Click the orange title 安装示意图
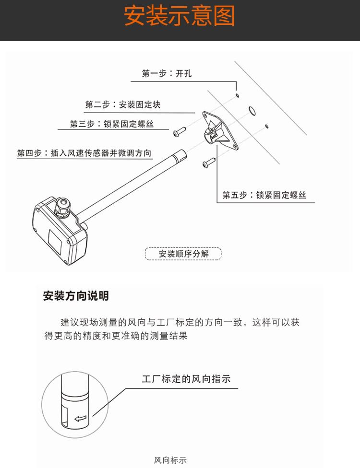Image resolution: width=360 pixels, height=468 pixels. pos(180,16)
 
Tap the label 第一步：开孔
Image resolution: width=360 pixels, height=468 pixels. pos(167,73)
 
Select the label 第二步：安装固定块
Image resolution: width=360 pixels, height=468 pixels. pos(123,105)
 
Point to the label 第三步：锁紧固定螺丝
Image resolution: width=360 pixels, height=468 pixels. pos(112,124)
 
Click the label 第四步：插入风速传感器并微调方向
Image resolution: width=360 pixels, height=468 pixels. pos(84,153)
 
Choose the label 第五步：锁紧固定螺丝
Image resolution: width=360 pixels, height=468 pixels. pos(264,195)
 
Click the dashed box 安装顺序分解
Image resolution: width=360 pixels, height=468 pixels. pos(183,254)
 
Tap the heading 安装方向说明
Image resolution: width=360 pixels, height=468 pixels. pos(76,296)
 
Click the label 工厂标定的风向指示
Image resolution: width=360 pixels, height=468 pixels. pos(186,379)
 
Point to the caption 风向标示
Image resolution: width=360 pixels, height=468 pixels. pos(170,460)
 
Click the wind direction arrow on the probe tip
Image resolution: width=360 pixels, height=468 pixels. pos(80,419)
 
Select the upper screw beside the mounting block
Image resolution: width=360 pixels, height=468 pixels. pos(180,131)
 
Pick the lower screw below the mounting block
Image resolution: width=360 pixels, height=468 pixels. pos(209,163)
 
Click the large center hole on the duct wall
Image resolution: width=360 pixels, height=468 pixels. pos(252,110)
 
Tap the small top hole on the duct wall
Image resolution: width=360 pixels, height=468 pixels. pos(237,95)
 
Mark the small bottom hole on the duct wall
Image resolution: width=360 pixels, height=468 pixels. pos(267,126)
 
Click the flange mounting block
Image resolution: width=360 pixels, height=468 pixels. pos(220,131)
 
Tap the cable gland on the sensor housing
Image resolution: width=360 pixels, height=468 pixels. pos(63,208)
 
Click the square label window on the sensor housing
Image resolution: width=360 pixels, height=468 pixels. pos(55,240)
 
